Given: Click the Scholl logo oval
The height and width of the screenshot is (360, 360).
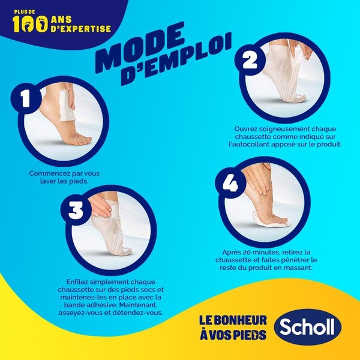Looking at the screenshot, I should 307,328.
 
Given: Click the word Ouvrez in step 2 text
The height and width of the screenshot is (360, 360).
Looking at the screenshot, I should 247,128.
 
